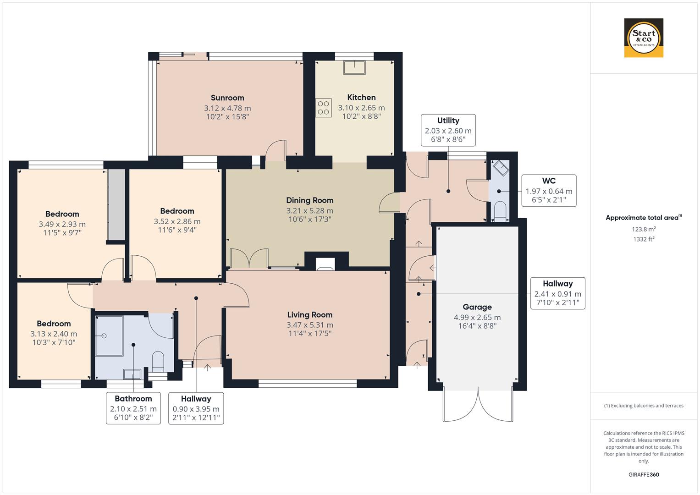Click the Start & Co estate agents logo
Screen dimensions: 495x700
pos(643,38)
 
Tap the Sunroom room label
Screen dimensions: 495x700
pos(227,98)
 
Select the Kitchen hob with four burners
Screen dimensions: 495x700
pos(323,108)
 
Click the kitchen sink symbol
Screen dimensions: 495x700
pos(355,67)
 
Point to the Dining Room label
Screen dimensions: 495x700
pos(309,200)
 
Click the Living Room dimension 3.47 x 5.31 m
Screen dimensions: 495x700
pos(310,325)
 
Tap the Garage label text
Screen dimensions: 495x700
pos(477,307)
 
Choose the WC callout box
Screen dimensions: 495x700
pos(548,190)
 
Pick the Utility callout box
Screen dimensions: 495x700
pos(448,130)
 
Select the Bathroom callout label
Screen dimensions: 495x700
pos(133,408)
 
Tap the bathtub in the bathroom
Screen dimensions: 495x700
pos(109,335)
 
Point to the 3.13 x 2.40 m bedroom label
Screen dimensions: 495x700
pos(54,334)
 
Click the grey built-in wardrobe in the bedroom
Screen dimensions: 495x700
pos(116,205)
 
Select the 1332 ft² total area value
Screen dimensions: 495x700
pos(643,239)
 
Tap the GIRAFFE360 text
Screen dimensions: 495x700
pos(643,474)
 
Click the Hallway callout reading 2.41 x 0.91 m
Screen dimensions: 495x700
pos(557,293)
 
